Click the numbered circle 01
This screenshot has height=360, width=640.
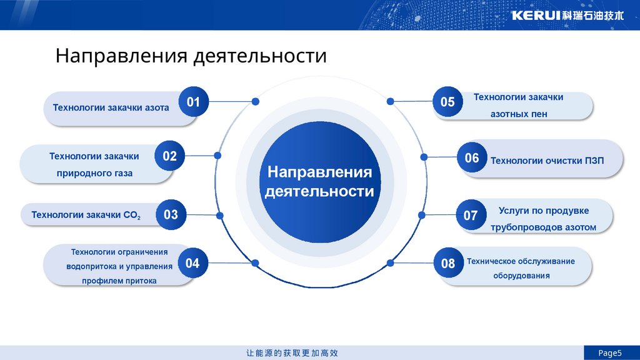coord(193,101)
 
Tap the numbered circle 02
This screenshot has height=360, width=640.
coord(170,156)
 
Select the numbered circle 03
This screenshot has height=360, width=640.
coord(171,215)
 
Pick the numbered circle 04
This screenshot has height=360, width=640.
coord(192,263)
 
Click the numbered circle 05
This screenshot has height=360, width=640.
coord(447,102)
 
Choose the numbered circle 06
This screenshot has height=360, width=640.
coord(472,158)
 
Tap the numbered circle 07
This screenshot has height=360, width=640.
coord(471,216)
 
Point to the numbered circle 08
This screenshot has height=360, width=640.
coord(448,264)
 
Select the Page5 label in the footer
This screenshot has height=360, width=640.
coord(611,353)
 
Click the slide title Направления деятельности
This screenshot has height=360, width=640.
coord(191,56)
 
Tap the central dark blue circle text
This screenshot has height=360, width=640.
coord(319,182)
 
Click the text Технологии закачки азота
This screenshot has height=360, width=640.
coord(111,107)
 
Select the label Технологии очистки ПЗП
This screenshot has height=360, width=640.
coord(547,161)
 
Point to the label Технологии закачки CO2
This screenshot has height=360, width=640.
coord(86,216)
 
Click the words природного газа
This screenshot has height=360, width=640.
coord(94,173)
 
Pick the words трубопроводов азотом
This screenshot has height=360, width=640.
coord(543,227)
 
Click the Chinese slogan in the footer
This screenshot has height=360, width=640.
coord(292,353)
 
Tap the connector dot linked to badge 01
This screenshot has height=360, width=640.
coord(255,101)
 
